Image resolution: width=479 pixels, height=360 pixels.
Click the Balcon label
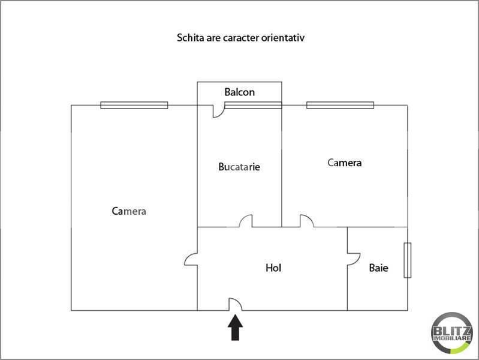[x=240, y=92]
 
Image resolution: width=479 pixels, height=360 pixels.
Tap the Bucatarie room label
[x=239, y=167]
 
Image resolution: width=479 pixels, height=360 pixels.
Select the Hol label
[x=273, y=268]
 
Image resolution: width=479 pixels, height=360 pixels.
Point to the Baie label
[x=378, y=268]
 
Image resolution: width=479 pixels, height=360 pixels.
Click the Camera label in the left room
[x=129, y=211]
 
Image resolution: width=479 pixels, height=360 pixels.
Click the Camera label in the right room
[x=344, y=163]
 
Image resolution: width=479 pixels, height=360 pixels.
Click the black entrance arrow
[x=235, y=327]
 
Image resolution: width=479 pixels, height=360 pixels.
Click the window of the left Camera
[x=134, y=105]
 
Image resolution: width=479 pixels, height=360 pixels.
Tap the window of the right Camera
[x=341, y=105]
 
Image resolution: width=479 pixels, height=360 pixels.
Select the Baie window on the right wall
[x=408, y=260]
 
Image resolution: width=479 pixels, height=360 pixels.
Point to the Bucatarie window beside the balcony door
[x=253, y=105]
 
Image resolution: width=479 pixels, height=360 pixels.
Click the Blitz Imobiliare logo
[x=452, y=333]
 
